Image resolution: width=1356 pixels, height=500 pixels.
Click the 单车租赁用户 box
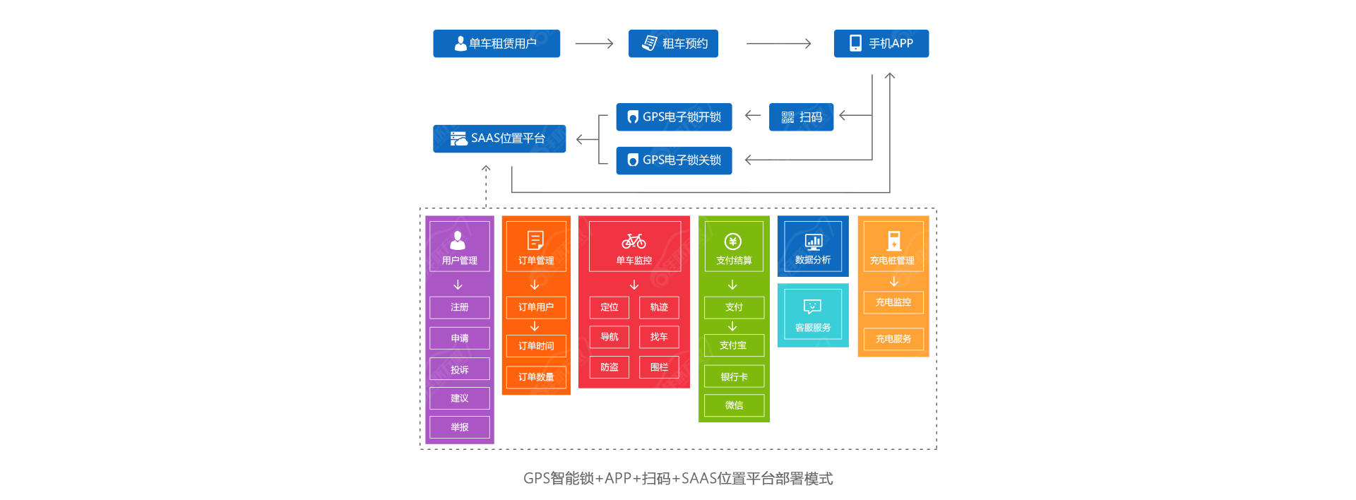coord(496,44)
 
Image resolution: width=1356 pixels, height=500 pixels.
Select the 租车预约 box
coord(673,44)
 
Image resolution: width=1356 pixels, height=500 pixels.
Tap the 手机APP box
coord(881,44)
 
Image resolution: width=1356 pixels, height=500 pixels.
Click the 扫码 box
coord(801,117)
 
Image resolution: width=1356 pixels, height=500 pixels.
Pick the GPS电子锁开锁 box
coord(674,117)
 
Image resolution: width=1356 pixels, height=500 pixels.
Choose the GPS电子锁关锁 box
coord(674,160)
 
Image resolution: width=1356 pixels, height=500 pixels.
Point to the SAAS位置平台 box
coord(499,138)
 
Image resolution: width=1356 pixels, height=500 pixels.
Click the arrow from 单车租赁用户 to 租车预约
coord(594,44)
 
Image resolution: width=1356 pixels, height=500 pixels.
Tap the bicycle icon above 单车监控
coord(634,242)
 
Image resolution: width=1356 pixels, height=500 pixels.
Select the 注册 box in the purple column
coord(460,307)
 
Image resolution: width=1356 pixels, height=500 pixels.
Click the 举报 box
coord(460,427)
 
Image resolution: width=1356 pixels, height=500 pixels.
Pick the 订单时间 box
coord(536,346)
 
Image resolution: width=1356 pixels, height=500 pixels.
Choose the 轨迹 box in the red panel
coord(659,307)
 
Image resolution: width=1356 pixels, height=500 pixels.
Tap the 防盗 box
coord(609,367)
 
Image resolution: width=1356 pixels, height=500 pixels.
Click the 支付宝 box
coord(734,345)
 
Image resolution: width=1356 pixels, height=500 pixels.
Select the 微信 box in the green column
coord(734,405)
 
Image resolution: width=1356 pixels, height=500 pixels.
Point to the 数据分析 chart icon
coord(814,242)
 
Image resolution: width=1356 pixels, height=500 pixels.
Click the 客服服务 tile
coord(813,316)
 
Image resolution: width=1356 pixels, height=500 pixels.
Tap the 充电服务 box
coord(893,339)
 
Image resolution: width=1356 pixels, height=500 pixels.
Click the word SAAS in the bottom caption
coord(698,479)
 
